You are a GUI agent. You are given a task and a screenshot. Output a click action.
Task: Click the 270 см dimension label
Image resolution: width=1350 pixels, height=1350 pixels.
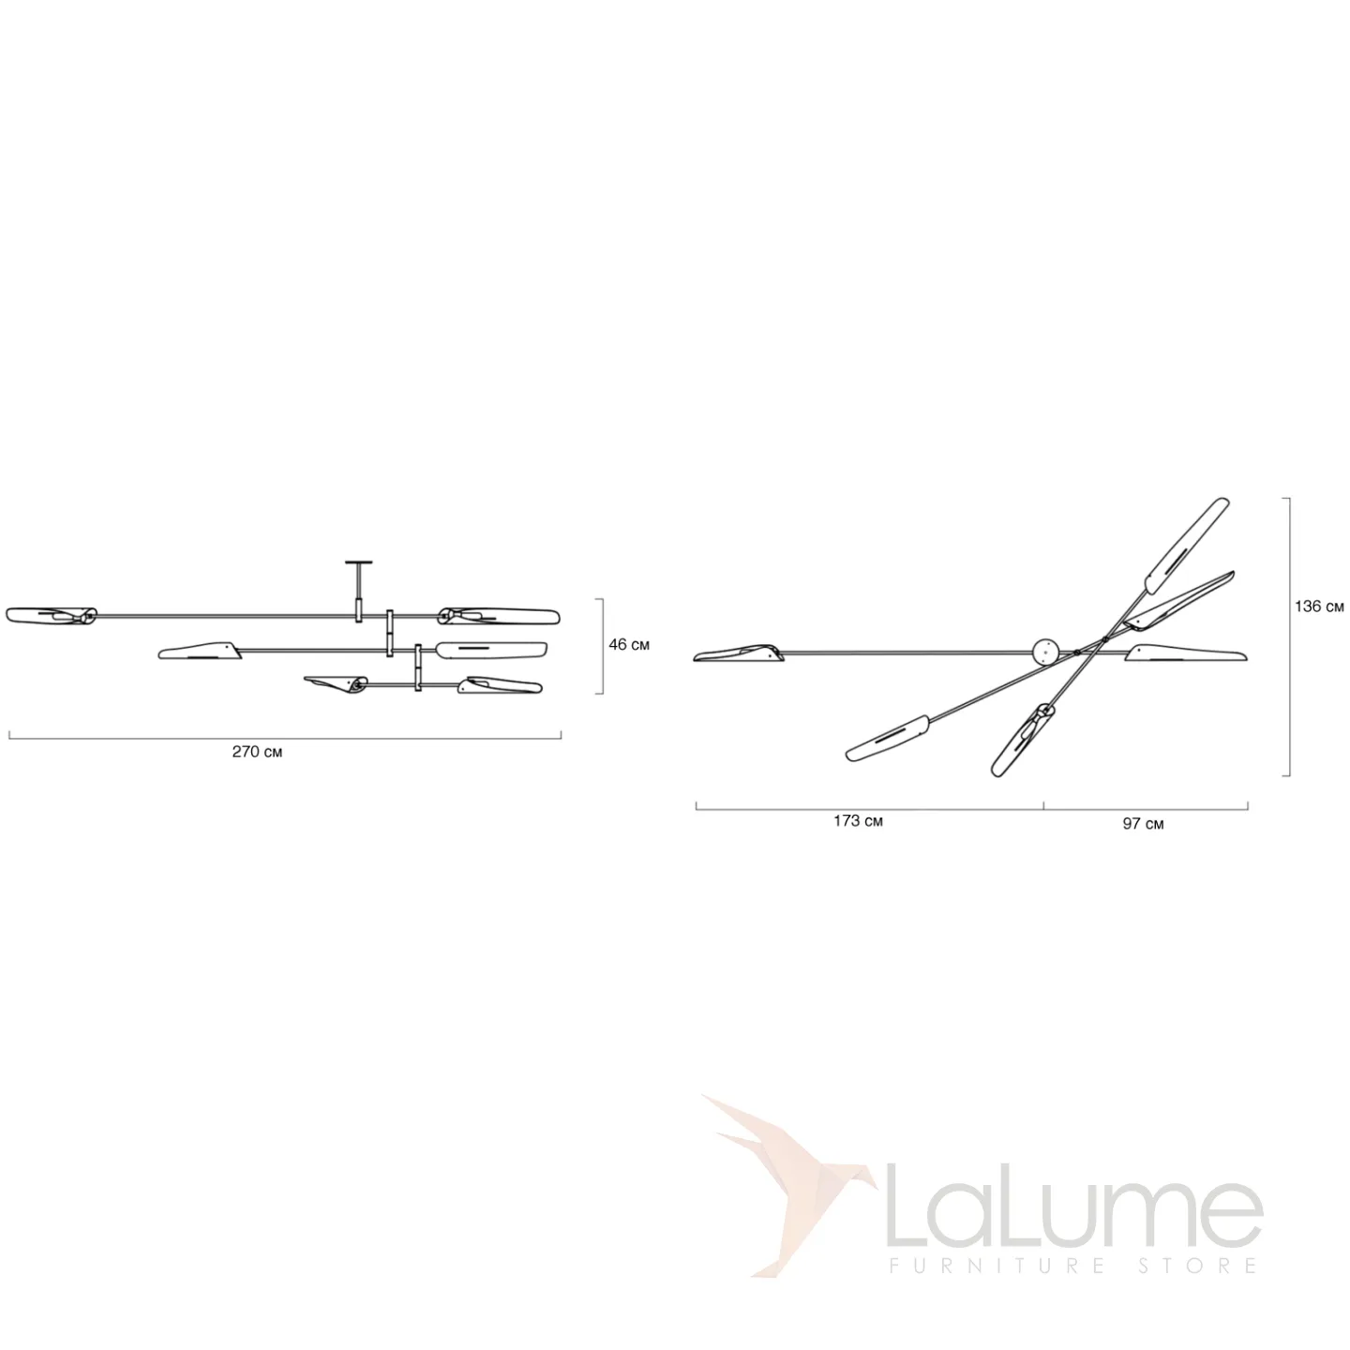tap(257, 752)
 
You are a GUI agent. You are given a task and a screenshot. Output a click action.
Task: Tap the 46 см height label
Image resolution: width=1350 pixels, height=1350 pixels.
tap(628, 644)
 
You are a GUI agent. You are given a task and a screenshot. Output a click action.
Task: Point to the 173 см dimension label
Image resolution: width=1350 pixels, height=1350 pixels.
tap(858, 820)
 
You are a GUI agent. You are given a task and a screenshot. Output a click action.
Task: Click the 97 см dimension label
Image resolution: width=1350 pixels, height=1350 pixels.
tap(1143, 824)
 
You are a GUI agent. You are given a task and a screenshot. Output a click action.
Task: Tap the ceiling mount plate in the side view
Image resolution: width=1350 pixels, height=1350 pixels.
tap(359, 562)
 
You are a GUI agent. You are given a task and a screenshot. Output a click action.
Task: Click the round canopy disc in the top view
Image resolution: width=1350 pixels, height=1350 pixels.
tap(1045, 651)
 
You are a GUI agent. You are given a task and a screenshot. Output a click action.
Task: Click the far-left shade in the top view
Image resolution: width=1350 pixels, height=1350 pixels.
tap(739, 653)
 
